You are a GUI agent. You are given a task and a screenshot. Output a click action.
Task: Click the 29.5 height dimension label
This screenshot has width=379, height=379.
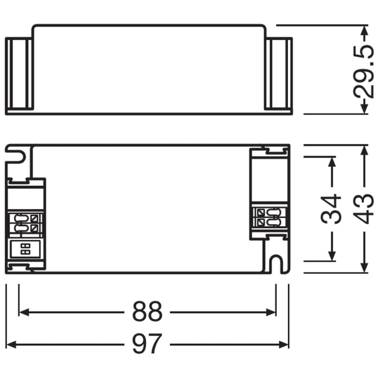[x=364, y=71]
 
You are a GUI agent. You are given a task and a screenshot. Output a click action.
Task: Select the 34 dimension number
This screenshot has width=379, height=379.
[x=331, y=209]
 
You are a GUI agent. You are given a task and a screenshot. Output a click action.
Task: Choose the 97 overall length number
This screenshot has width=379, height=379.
[x=147, y=344]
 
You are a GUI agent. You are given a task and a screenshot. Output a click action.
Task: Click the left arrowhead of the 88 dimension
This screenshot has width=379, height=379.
[x=24, y=312]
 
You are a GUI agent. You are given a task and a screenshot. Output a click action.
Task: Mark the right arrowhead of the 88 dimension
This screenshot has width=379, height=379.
[x=271, y=312]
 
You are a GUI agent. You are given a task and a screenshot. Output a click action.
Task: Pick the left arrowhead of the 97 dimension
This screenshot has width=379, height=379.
[x=11, y=344]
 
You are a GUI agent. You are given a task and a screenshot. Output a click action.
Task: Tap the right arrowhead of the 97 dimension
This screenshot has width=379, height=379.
[x=284, y=344]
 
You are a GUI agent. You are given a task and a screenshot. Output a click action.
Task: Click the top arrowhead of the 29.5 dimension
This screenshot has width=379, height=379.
[x=364, y=30]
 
